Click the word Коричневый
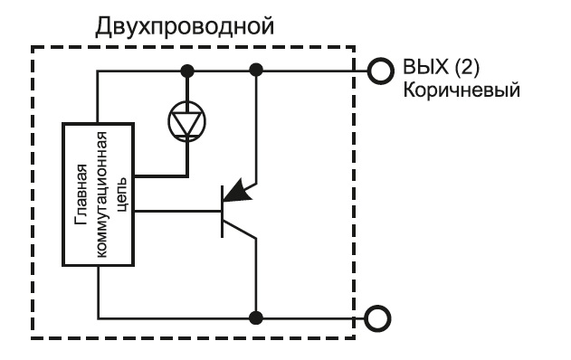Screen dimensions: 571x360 tap(462, 90)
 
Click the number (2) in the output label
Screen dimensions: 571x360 tap(467, 67)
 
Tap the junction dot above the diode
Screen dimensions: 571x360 tap(187, 71)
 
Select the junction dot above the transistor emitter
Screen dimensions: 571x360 tap(256, 70)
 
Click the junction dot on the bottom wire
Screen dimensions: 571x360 tap(256, 318)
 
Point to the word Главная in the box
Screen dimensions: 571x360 tap(81, 194)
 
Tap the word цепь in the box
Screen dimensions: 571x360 tap(123, 194)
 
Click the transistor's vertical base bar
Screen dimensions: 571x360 tap(222, 212)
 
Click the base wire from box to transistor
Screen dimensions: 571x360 tap(177, 211)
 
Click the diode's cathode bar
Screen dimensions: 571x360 tap(186, 137)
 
